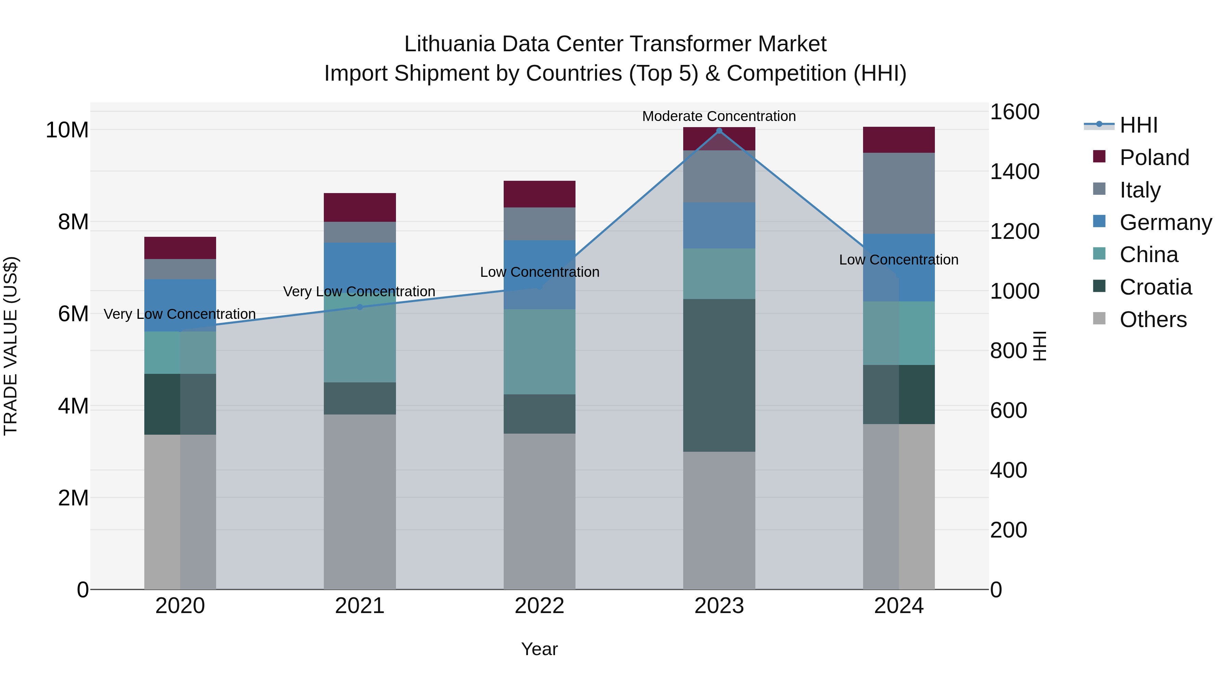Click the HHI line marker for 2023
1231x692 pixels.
tap(719, 131)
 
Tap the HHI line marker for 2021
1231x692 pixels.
tap(360, 307)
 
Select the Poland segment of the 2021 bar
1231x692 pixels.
tap(360, 207)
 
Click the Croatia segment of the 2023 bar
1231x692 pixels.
tap(719, 375)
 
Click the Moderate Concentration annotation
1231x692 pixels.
tap(719, 116)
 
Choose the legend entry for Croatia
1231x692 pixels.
tap(1155, 287)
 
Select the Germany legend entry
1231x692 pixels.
tap(1165, 222)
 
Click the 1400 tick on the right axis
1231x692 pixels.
tap(1014, 172)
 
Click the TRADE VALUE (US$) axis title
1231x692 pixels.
tap(11, 346)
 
